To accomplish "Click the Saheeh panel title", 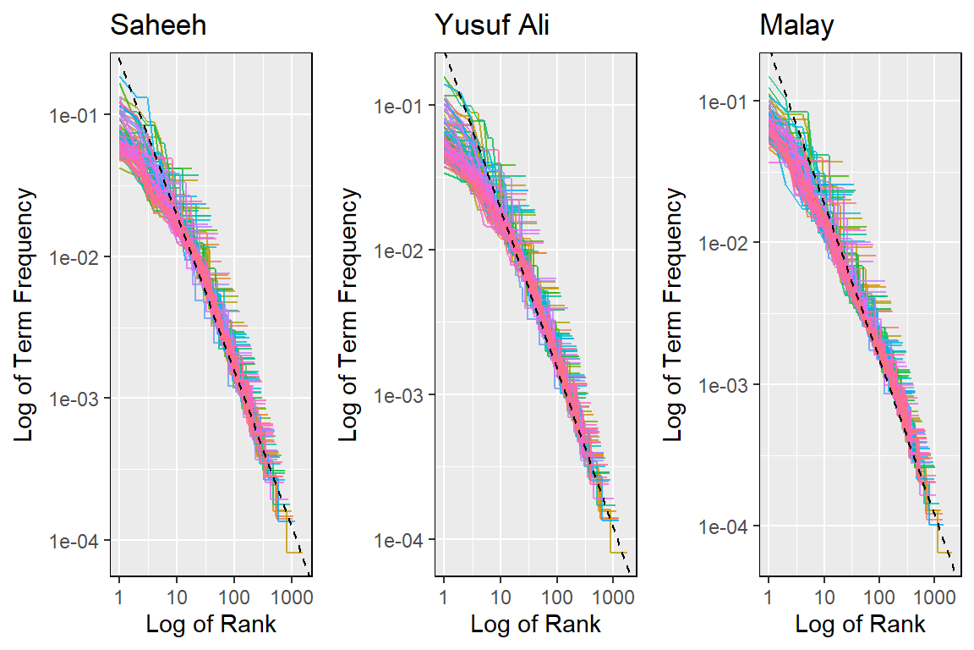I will [158, 26].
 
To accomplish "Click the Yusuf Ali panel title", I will [492, 26].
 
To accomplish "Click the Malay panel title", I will [796, 26].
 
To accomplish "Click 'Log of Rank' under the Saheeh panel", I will [211, 625].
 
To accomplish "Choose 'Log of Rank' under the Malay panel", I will [860, 625].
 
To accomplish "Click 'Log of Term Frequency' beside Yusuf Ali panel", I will [349, 315].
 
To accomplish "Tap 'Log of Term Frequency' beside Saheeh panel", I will [25, 315].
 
